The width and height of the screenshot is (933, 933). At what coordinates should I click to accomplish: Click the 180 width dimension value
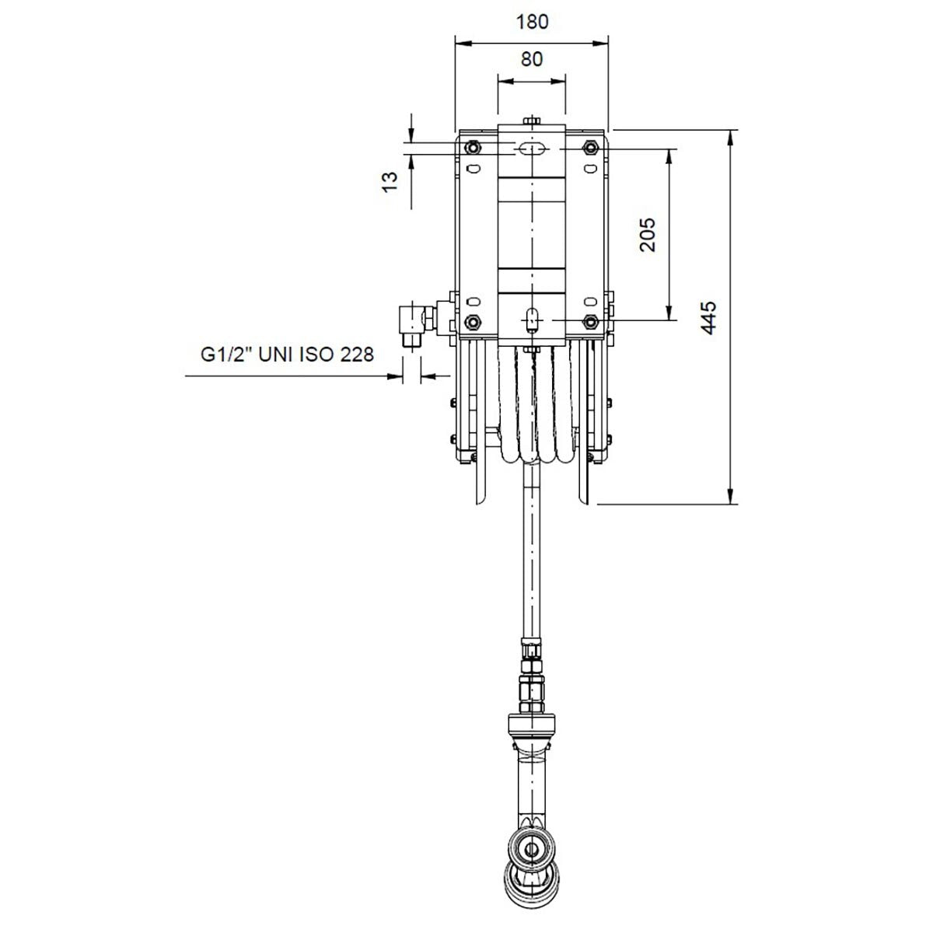532,21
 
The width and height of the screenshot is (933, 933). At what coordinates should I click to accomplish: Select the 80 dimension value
532,58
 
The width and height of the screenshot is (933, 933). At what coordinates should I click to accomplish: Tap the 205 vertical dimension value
648,234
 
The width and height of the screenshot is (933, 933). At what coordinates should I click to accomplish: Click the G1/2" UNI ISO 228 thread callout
287,355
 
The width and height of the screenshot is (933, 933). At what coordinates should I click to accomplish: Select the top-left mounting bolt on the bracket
472,148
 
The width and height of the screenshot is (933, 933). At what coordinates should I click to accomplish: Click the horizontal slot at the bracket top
532,149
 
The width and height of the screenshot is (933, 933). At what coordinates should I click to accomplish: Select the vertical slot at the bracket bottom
532,319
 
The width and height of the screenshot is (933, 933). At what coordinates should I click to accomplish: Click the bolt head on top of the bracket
532,120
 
